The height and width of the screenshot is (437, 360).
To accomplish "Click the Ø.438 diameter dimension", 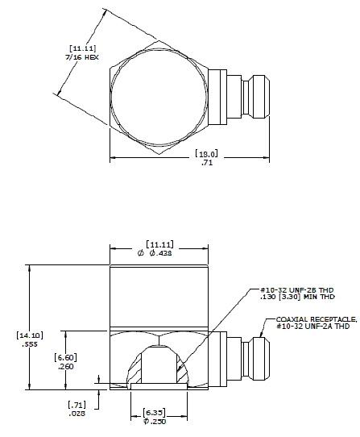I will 158,253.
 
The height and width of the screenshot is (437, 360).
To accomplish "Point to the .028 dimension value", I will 77,413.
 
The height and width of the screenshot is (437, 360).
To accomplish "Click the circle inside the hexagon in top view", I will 158,92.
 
